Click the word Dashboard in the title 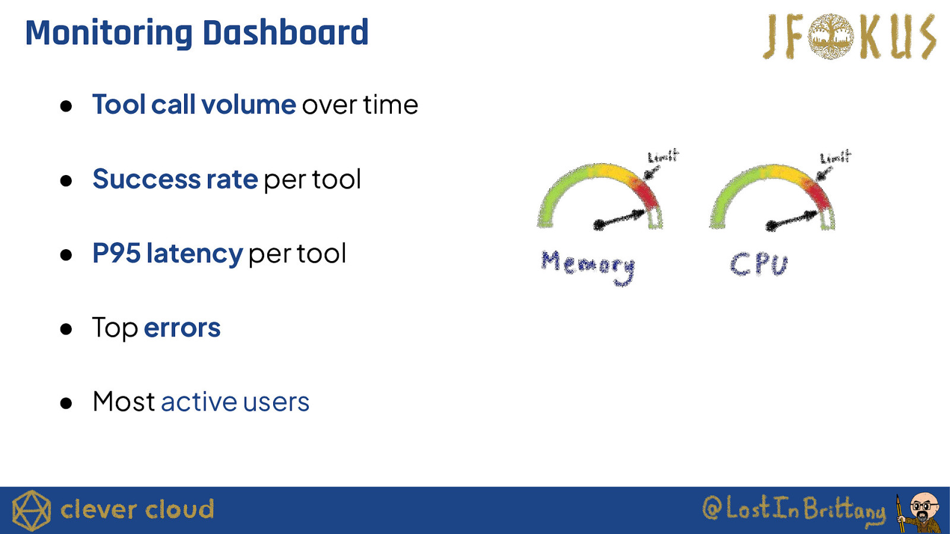click(x=286, y=33)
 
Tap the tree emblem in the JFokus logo click(x=831, y=36)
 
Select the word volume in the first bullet click(x=249, y=104)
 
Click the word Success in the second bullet click(x=146, y=179)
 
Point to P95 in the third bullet click(x=116, y=253)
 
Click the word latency click(x=195, y=255)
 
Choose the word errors click(x=182, y=328)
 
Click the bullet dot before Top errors click(x=66, y=329)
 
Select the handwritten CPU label click(x=759, y=265)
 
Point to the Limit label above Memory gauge click(x=663, y=156)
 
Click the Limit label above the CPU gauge click(x=835, y=157)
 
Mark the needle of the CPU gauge click(x=792, y=220)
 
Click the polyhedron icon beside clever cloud click(x=31, y=511)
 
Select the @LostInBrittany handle click(x=794, y=510)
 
